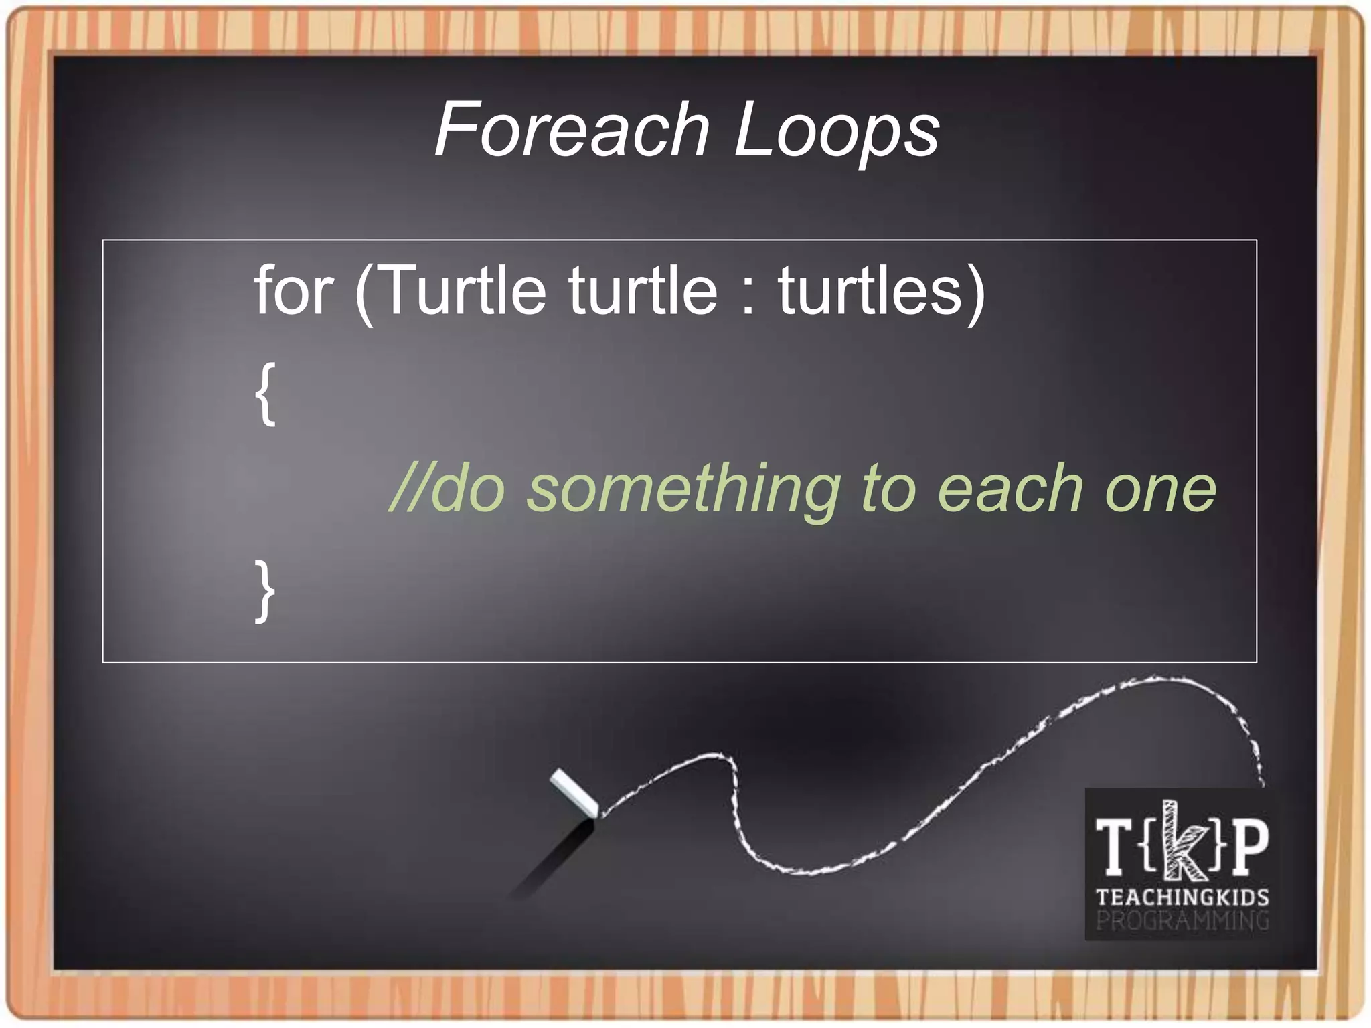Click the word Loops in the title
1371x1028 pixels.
[837, 131]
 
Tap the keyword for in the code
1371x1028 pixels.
[293, 290]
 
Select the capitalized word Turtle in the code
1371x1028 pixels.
[463, 290]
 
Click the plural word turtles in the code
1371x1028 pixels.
[870, 290]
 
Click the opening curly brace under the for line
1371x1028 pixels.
[265, 394]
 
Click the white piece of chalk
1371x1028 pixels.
[574, 792]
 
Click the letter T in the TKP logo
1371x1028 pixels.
[1114, 847]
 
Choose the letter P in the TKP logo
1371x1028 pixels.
[1249, 847]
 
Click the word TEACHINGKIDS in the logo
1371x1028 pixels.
[1182, 897]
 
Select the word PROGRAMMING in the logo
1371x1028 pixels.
[1182, 920]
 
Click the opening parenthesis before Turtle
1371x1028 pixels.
[364, 293]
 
